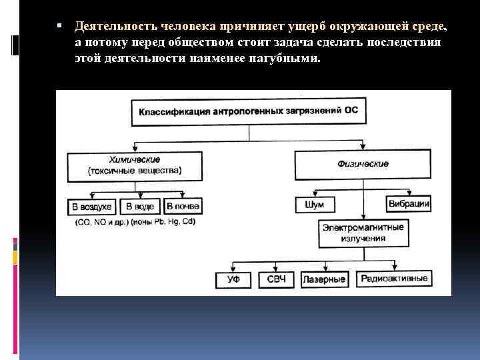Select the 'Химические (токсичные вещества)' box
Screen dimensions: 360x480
coord(134,166)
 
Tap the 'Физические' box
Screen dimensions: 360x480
coord(363,164)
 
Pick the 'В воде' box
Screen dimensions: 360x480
coord(140,207)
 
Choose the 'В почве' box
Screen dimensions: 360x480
coord(183,207)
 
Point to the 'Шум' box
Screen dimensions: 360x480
coord(314,204)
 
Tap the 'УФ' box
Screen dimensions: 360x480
coord(233,279)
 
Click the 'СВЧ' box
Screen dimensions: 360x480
coord(276,279)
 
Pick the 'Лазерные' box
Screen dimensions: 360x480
coord(325,279)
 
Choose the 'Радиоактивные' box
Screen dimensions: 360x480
coord(394,279)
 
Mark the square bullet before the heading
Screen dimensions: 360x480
coord(60,26)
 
